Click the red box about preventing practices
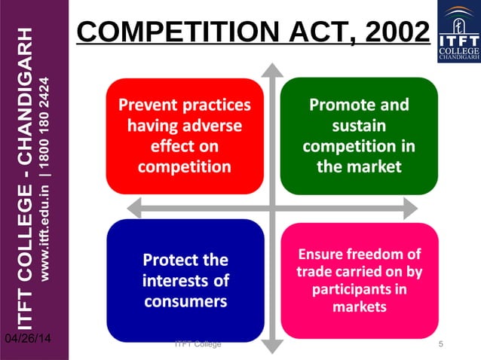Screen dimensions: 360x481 [x=185, y=136]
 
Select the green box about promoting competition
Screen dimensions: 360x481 [x=359, y=136]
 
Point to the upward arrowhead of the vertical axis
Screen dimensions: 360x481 [x=271, y=70]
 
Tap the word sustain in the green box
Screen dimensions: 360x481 [x=359, y=125]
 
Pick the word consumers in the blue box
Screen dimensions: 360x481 [x=185, y=301]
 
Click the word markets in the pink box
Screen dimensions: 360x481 [x=359, y=307]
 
